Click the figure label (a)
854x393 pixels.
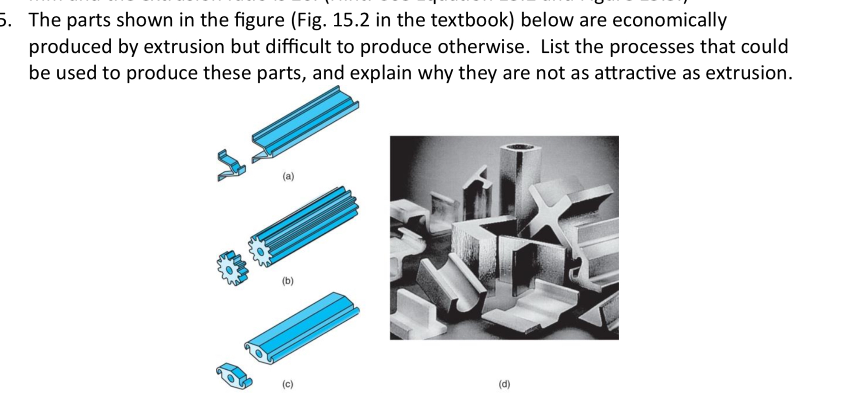pyautogui.click(x=288, y=177)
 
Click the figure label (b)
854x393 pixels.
pyautogui.click(x=288, y=281)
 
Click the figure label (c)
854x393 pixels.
pyautogui.click(x=288, y=384)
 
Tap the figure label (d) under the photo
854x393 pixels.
pyautogui.click(x=504, y=384)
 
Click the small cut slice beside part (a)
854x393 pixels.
pyautogui.click(x=230, y=166)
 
